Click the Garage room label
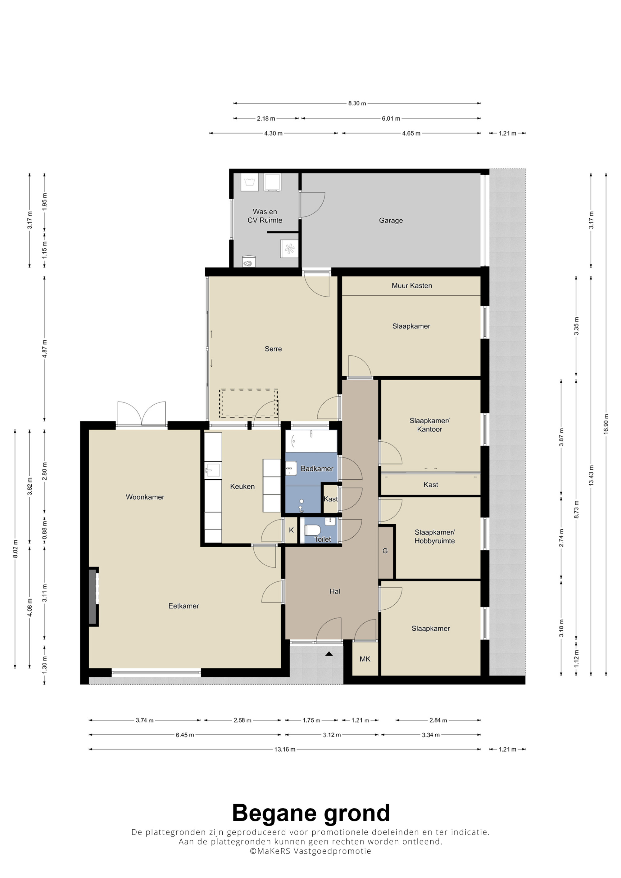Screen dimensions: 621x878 (x=391, y=220)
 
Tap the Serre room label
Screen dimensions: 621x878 (x=273, y=349)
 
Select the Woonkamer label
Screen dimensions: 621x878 (x=145, y=497)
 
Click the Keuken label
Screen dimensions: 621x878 (x=242, y=486)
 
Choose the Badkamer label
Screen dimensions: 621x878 (x=317, y=468)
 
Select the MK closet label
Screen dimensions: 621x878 (x=365, y=659)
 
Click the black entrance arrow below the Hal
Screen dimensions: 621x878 (x=329, y=654)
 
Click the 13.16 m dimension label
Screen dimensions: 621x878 (x=285, y=749)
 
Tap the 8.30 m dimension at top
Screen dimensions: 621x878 (x=357, y=103)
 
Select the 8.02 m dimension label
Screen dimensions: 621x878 (x=15, y=549)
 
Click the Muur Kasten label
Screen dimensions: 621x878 (x=412, y=286)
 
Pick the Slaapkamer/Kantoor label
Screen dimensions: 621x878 (x=430, y=425)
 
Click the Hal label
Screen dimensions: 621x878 (x=335, y=591)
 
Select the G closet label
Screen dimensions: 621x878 (x=385, y=551)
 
